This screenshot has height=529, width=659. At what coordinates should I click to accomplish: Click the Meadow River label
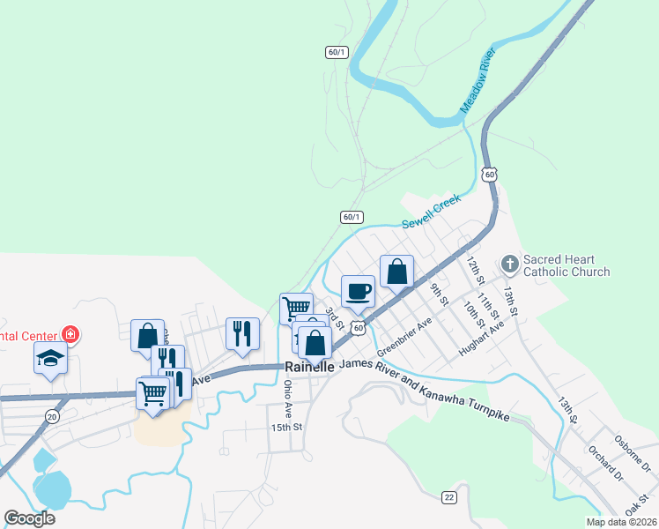tap(479, 82)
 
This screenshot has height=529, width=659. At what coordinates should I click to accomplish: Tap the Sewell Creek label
tap(432, 214)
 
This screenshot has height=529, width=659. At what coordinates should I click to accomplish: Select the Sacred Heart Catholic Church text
tap(566, 265)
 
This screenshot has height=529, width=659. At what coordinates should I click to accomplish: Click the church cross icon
tap(509, 264)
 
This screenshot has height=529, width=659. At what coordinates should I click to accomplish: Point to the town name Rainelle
tap(309, 367)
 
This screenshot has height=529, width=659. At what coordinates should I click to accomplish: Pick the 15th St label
tap(286, 427)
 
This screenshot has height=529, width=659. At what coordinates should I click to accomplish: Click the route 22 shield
tap(449, 497)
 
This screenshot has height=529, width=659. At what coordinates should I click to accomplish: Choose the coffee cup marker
tap(358, 290)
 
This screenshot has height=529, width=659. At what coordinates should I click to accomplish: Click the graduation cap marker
tap(50, 359)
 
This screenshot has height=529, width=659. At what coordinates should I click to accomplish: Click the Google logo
tap(30, 518)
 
